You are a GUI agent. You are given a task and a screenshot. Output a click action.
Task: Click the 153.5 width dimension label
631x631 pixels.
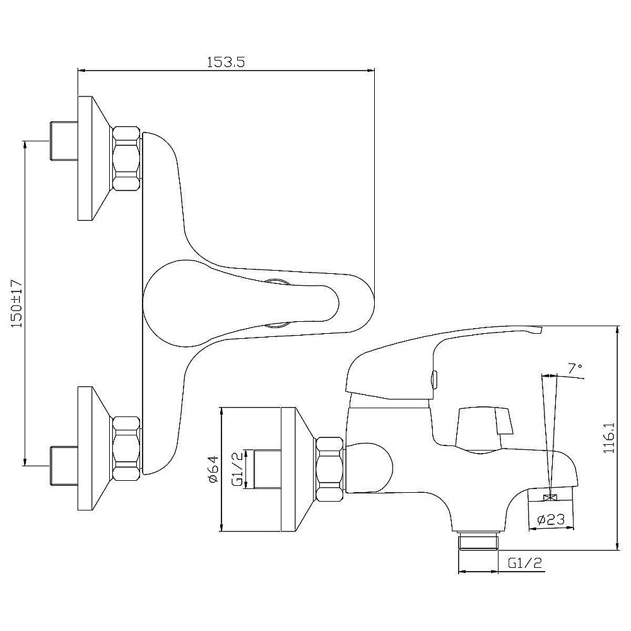pyautogui.click(x=226, y=62)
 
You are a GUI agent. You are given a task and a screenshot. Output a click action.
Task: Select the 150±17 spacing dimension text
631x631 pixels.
pyautogui.click(x=17, y=304)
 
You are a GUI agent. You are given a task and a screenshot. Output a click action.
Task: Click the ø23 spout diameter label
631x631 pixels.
pyautogui.click(x=551, y=519)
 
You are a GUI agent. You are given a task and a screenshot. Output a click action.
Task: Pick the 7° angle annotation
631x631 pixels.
pyautogui.click(x=575, y=368)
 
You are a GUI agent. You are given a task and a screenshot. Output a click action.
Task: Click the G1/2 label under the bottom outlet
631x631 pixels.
pyautogui.click(x=525, y=563)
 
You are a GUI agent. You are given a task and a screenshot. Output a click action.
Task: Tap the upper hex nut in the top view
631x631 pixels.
pyautogui.click(x=126, y=158)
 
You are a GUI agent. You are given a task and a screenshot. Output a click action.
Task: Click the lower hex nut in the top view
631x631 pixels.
pyautogui.click(x=126, y=448)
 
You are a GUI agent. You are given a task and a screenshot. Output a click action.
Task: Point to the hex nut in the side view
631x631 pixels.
pyautogui.click(x=329, y=469)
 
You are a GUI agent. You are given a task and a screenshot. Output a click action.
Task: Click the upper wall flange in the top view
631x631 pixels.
pyautogui.click(x=94, y=158)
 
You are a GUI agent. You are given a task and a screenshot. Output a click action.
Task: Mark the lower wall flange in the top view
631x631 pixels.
pyautogui.click(x=94, y=448)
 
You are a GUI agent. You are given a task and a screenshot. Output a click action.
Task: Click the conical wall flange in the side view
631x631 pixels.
pyautogui.click(x=298, y=469)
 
